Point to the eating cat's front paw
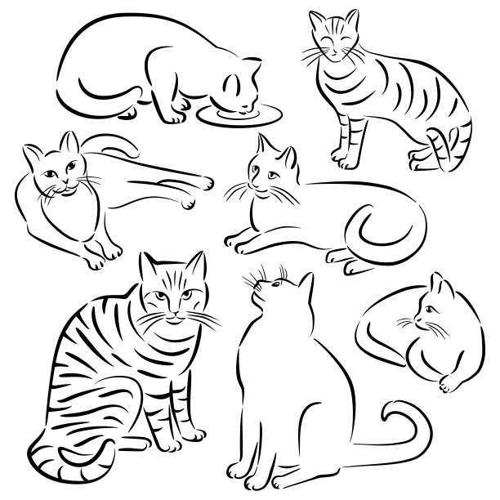(x=175, y=118)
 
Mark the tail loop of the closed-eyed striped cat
(x=442, y=151)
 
